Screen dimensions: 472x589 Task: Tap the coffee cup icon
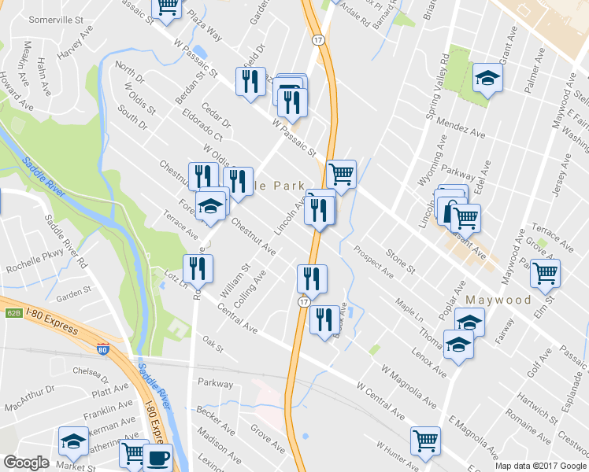pyautogui.click(x=157, y=456)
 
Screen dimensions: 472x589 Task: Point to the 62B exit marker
pyautogui.click(x=13, y=312)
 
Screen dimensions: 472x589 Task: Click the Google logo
pyautogui.click(x=26, y=463)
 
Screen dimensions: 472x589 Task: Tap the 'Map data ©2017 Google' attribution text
pyautogui.click(x=540, y=466)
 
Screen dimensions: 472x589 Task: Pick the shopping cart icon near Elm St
pyautogui.click(x=545, y=273)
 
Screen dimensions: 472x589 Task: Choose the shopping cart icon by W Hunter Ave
pyautogui.click(x=425, y=440)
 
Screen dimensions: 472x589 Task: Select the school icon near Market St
pyautogui.click(x=73, y=441)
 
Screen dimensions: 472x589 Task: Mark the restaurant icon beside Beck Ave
pyautogui.click(x=324, y=319)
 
